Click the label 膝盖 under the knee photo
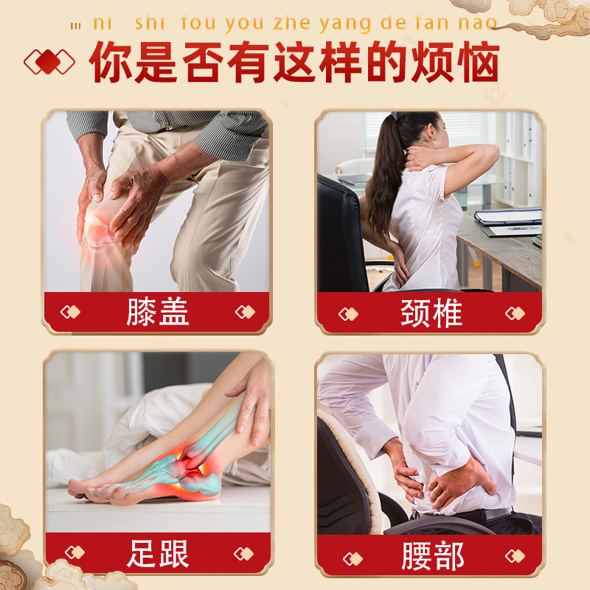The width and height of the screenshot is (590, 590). point(157,312)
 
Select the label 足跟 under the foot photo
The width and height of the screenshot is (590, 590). point(157,553)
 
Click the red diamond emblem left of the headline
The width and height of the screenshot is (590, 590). point(49,61)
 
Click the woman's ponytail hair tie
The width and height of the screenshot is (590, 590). point(395,116)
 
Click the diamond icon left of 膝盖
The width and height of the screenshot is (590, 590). point(70,312)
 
